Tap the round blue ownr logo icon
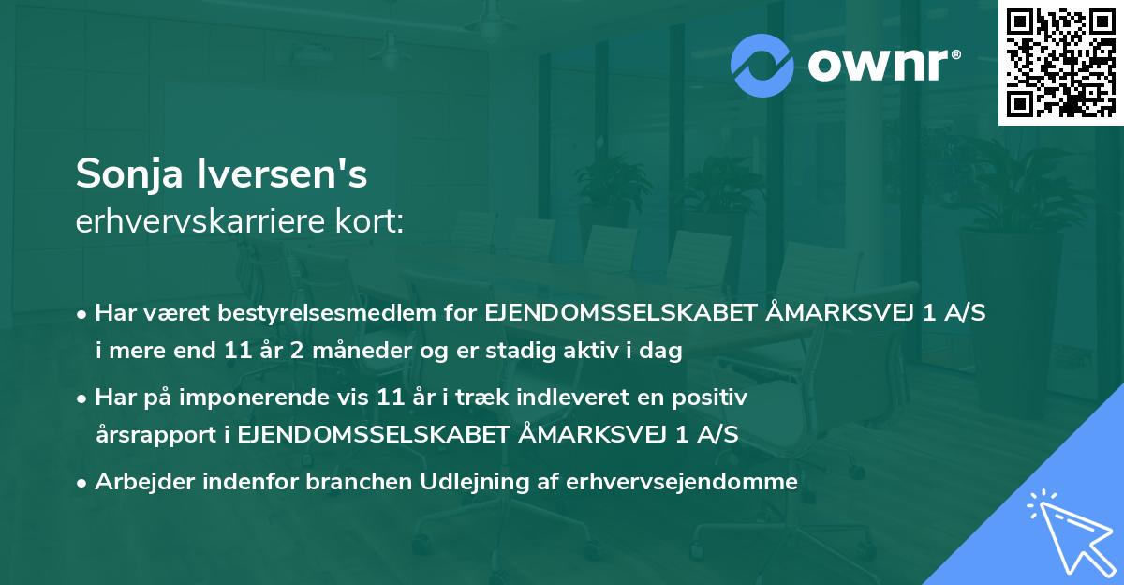[762, 64]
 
